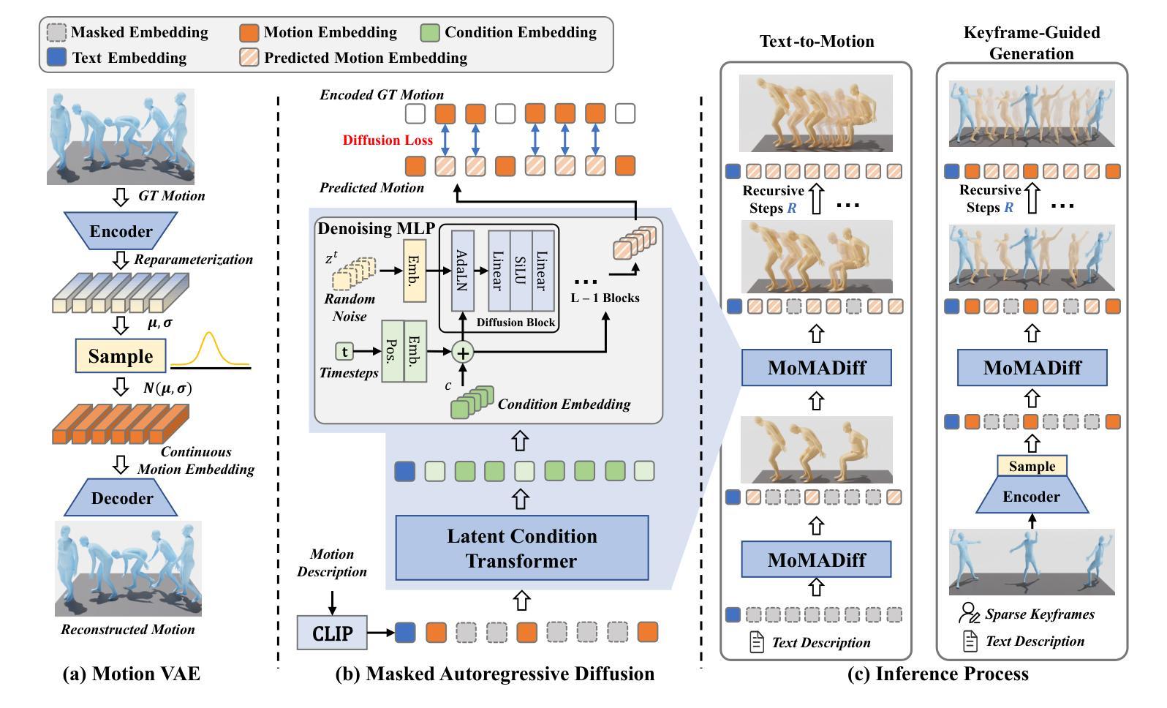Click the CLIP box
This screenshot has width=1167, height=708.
point(332,633)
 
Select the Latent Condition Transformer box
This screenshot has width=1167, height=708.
point(521,548)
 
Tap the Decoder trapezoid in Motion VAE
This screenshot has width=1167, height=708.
point(121,497)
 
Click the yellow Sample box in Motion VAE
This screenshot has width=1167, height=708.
point(121,355)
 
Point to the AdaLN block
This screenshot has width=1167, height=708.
point(462,270)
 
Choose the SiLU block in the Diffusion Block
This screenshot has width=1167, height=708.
point(521,270)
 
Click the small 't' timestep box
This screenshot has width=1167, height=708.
point(344,352)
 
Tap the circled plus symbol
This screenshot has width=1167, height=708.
point(463,353)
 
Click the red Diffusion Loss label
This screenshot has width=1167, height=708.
point(388,140)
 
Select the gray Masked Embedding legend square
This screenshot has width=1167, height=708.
point(56,32)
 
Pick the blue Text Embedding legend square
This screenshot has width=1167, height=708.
point(56,57)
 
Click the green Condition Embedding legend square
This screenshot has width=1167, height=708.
point(430,32)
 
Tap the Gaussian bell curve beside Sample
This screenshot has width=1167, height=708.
point(211,350)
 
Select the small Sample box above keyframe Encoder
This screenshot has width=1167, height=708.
point(1032,466)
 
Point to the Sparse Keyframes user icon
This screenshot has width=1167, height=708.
point(969,613)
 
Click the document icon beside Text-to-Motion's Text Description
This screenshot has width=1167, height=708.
point(757,642)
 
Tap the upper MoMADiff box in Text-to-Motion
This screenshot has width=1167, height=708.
point(816,367)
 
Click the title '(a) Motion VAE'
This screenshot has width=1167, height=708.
point(132,674)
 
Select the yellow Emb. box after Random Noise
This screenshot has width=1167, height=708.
point(415,271)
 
